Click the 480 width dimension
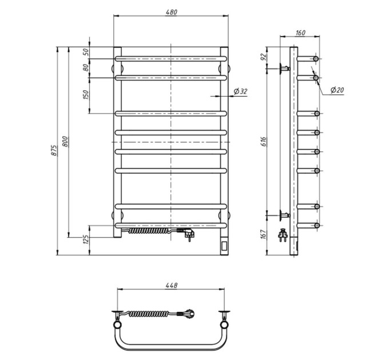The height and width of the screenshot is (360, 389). (171, 12)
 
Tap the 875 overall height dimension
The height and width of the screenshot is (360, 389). (54, 150)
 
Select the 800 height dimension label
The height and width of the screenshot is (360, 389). (65, 141)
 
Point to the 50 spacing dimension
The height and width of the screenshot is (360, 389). (85, 52)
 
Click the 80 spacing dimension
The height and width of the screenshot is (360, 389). (86, 67)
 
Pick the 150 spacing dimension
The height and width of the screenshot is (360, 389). (86, 95)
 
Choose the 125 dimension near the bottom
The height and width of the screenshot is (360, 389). (86, 239)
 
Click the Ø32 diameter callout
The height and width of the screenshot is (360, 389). (241, 91)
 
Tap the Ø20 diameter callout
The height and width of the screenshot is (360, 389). (337, 90)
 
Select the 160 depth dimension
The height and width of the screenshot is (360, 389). (300, 33)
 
